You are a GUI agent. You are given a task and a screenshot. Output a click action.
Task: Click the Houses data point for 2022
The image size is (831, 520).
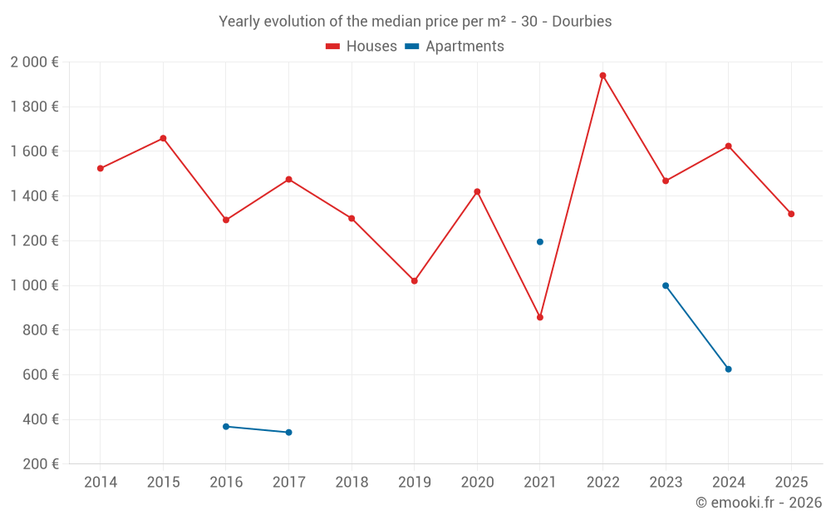(x=602, y=76)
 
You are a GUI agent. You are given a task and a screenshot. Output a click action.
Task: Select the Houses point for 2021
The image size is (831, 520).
(x=540, y=317)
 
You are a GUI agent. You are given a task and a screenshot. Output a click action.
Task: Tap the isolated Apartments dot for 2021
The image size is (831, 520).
(x=540, y=242)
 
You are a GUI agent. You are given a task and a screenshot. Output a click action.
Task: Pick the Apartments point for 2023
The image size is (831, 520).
(x=666, y=285)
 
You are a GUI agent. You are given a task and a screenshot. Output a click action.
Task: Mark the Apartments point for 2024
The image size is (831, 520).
(x=728, y=369)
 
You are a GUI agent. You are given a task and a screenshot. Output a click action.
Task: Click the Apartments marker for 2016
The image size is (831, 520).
(x=226, y=427)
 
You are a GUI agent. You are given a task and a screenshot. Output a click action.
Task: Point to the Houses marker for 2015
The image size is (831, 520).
(x=163, y=138)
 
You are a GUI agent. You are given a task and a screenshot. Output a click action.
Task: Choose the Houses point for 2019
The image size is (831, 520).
(x=415, y=280)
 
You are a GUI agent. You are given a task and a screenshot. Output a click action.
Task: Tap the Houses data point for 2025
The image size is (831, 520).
(x=791, y=214)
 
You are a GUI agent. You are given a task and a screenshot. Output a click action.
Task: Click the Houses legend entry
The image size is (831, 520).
(x=361, y=46)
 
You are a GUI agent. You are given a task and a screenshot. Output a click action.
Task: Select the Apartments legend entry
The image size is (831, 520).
(x=455, y=46)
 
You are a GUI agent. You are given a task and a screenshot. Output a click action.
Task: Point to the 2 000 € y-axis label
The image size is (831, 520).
(x=34, y=62)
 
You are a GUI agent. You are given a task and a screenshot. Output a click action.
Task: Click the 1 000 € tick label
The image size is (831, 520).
(x=34, y=285)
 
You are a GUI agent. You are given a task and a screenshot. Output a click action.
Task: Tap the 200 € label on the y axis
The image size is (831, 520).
(x=41, y=464)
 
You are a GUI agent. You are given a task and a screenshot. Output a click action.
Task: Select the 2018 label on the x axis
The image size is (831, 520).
(x=352, y=482)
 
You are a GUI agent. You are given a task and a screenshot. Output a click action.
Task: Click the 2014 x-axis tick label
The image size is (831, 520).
(x=101, y=482)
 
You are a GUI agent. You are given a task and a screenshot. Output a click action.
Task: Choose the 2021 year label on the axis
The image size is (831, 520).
(x=540, y=482)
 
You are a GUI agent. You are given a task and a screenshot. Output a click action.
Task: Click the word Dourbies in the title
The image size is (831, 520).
(x=582, y=22)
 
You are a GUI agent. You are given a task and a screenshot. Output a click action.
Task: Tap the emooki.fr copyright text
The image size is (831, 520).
(x=759, y=502)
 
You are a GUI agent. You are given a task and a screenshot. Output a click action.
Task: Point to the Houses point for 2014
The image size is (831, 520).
(x=101, y=169)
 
